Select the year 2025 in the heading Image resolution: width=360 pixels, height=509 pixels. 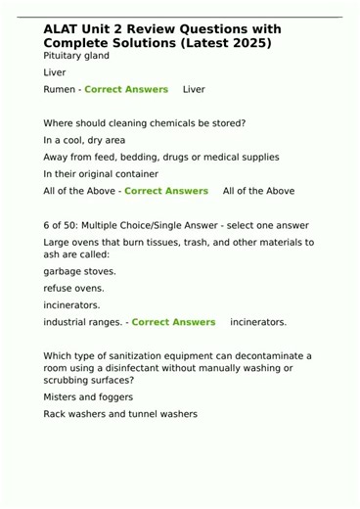[248, 44]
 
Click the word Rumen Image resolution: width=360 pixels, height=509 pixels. [60, 89]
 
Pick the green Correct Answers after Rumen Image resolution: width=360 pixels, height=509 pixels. [126, 89]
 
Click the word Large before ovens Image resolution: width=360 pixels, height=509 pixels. [57, 241]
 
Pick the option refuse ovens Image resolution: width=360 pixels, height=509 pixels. [73, 288]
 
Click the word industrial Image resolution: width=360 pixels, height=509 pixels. [66, 321]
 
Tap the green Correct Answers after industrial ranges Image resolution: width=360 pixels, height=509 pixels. [173, 321]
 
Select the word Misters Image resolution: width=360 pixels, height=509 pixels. [62, 397]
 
